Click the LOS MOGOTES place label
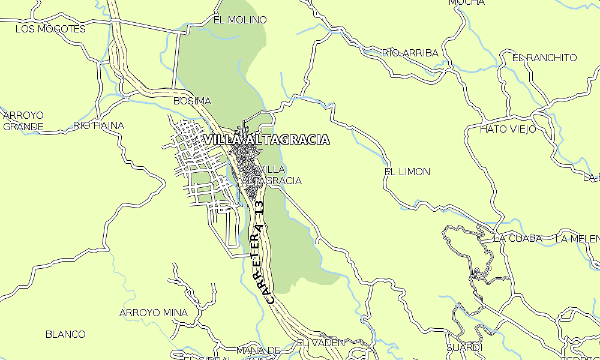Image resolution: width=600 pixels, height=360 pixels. pyautogui.click(x=50, y=29)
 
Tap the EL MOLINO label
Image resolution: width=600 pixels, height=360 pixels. pyautogui.click(x=240, y=20)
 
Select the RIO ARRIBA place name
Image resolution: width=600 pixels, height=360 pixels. pyautogui.click(x=410, y=53)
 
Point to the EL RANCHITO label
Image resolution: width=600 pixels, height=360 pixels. pyautogui.click(x=544, y=58)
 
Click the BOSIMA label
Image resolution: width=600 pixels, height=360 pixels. pyautogui.click(x=192, y=101)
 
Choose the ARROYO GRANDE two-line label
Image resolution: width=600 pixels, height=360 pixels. pyautogui.click(x=23, y=121)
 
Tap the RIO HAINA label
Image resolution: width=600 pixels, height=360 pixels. pyautogui.click(x=98, y=125)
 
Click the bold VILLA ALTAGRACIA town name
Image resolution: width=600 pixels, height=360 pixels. pyautogui.click(x=266, y=140)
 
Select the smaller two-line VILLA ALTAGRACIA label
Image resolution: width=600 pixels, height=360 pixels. pyautogui.click(x=272, y=175)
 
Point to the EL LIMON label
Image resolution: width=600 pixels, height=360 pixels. pyautogui.click(x=407, y=172)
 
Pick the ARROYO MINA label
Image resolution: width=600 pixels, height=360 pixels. pyautogui.click(x=153, y=313)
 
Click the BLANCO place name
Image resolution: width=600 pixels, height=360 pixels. pyautogui.click(x=65, y=334)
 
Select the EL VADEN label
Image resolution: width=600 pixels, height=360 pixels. pyautogui.click(x=321, y=343)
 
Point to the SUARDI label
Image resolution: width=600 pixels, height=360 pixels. pyautogui.click(x=464, y=347)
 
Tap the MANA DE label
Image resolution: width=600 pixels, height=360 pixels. pyautogui.click(x=259, y=350)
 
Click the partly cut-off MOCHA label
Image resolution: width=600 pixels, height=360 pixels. pyautogui.click(x=466, y=3)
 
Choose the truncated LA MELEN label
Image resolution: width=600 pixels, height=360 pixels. pyautogui.click(x=577, y=238)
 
